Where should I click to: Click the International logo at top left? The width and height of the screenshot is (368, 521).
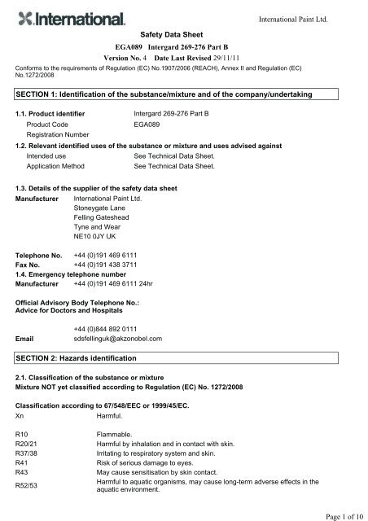pyautogui.click(x=68, y=18)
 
